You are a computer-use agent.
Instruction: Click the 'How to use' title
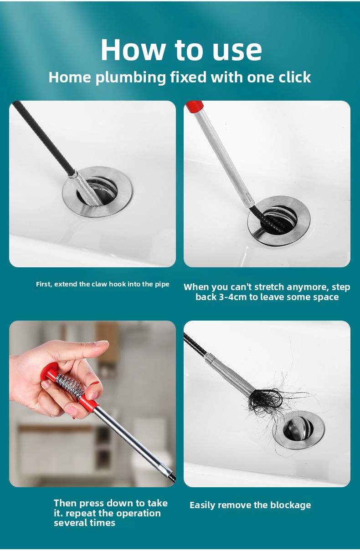tap(181, 49)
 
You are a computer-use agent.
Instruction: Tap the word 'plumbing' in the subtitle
tap(131, 77)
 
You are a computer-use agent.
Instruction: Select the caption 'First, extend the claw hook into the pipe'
tap(103, 284)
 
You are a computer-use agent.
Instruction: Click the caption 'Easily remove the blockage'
tap(250, 505)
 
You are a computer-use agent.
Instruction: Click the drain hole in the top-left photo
tap(97, 191)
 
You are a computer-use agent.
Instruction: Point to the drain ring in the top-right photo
tap(279, 221)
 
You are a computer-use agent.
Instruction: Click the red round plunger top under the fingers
tap(49, 371)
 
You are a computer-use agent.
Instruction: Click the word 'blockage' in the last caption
tap(291, 505)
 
